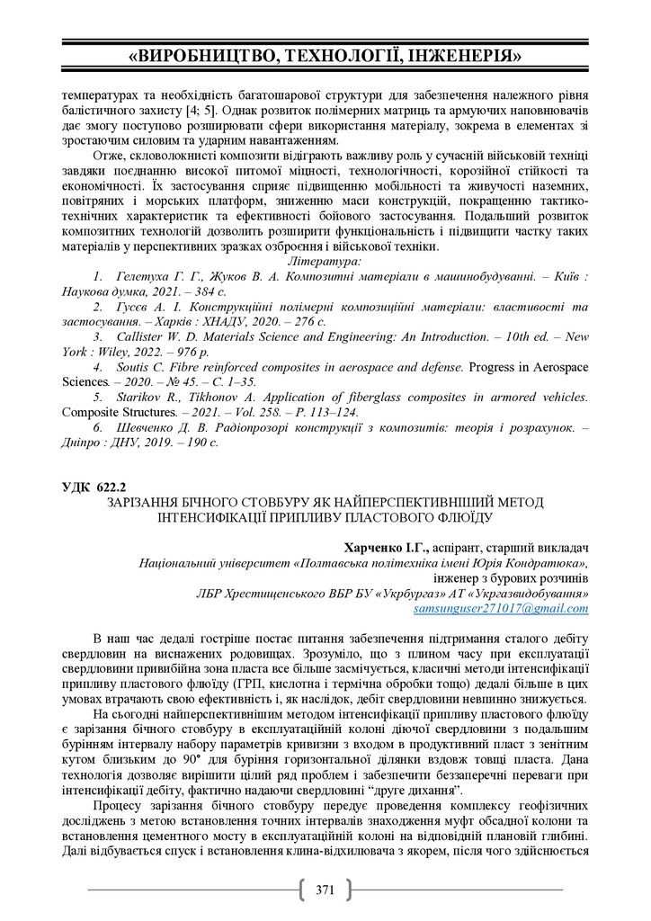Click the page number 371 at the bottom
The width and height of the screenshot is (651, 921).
click(x=325, y=890)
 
